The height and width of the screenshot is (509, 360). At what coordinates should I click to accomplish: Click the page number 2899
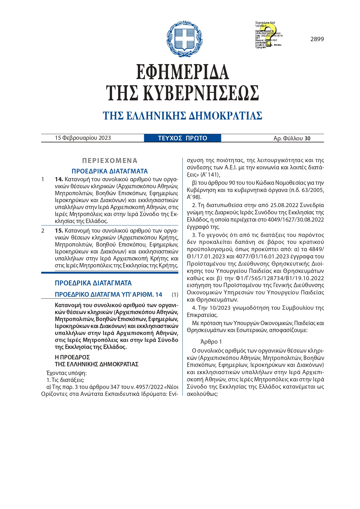[x=317, y=39]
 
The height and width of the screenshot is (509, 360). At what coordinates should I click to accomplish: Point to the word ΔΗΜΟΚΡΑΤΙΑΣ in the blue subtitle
[x=225, y=116]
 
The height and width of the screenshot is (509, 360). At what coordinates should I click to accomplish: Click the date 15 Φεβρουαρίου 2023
[x=83, y=138]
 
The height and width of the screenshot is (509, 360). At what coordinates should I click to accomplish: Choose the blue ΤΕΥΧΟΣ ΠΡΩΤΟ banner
[x=182, y=138]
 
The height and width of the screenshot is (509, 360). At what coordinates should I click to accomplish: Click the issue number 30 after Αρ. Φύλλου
[x=307, y=139]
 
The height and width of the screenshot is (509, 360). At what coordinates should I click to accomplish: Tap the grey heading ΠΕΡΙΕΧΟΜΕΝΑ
[x=110, y=161]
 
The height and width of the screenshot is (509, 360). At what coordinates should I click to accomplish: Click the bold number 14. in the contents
[x=59, y=179]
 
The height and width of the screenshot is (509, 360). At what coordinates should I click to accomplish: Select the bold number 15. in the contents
[x=59, y=231]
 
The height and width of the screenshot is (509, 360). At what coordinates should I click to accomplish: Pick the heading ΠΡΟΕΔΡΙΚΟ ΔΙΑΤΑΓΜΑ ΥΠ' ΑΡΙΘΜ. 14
[x=108, y=295]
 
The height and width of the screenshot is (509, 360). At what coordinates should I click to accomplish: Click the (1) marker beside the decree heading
[x=175, y=295]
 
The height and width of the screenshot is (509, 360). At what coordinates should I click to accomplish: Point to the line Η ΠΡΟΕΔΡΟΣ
[x=72, y=357]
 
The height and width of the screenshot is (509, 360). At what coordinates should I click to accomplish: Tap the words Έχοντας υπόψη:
[x=66, y=373]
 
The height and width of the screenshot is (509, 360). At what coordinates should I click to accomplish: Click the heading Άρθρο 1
[x=211, y=342]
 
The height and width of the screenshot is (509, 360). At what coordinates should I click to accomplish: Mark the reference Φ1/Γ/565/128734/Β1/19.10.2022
[x=276, y=278]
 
